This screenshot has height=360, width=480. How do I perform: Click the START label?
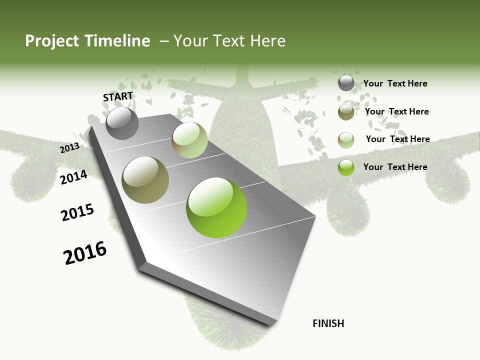tap(118, 96)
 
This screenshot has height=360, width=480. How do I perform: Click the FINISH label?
tap(328, 323)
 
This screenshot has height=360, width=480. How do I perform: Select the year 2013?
tap(70, 148)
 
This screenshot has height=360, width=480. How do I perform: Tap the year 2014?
tap(74, 177)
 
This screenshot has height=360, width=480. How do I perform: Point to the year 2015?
tap(77, 212)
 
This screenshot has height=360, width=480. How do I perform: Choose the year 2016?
tap(85, 253)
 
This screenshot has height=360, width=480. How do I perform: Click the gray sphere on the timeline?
tap(122, 123)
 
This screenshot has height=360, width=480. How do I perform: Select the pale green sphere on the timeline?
tap(189, 140)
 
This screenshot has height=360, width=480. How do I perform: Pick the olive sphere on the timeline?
tap(145, 180)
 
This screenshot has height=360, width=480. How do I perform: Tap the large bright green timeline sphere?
tap(216, 207)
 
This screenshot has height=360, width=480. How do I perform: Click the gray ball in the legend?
tap(346, 83)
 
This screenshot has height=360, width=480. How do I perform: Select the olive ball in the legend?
tap(346, 112)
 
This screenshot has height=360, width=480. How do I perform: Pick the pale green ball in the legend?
tap(346, 139)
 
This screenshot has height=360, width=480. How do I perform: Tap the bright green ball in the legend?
tap(346, 167)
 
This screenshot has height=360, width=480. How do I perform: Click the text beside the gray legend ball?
tap(395, 83)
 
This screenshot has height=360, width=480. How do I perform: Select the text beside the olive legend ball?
tap(396, 111)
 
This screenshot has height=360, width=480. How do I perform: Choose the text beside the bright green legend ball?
tap(395, 167)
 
